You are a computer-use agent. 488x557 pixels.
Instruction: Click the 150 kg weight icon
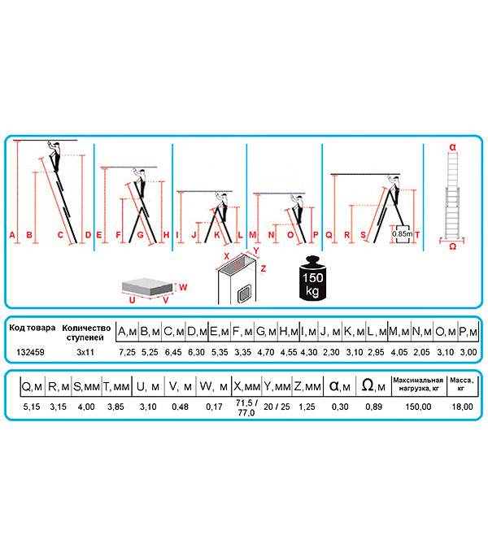(312, 278)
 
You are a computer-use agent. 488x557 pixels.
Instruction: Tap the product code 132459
(31, 352)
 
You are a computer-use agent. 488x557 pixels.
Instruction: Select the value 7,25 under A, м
(127, 352)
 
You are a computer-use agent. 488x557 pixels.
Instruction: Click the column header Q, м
(32, 386)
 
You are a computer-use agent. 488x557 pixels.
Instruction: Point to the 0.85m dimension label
(402, 234)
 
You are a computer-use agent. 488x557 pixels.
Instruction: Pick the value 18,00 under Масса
(462, 407)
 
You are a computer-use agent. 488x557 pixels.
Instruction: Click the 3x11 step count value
(85, 352)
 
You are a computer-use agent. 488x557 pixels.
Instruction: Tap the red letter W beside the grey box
(183, 287)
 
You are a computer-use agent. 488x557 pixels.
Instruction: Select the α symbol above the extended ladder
(452, 146)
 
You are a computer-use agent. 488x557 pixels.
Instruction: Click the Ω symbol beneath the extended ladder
(452, 246)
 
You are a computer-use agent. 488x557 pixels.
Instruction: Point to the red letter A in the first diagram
(12, 235)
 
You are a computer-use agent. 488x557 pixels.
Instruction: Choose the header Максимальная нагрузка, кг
(418, 384)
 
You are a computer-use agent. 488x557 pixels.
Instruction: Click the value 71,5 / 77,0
(246, 407)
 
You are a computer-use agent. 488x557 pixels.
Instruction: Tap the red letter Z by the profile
(264, 268)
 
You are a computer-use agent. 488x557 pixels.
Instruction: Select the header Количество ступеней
(86, 333)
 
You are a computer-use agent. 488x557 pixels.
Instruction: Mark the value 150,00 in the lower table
(418, 407)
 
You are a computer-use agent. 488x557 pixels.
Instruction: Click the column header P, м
(468, 332)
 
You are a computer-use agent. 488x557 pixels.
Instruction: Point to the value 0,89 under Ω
(373, 407)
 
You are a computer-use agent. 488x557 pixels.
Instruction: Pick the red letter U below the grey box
(132, 300)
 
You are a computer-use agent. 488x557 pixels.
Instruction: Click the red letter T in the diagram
(417, 235)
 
